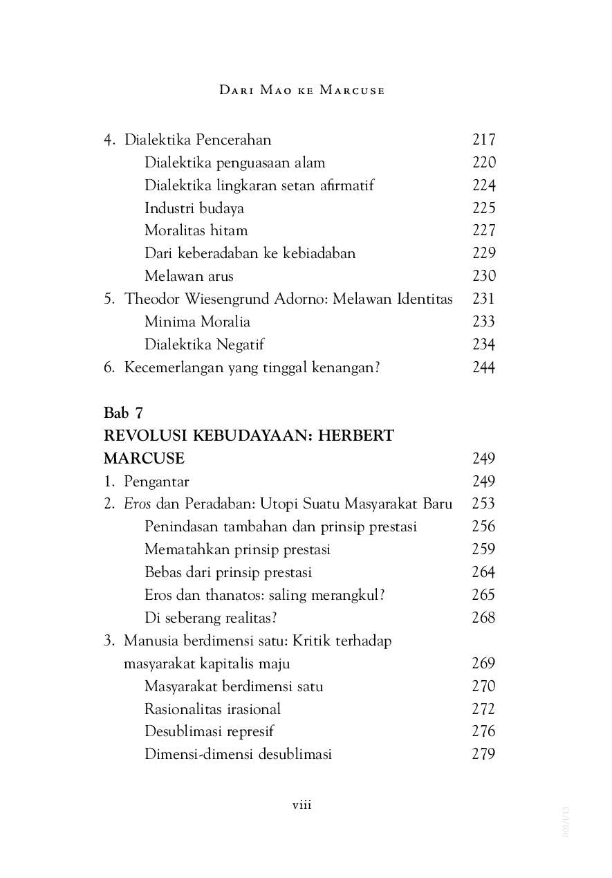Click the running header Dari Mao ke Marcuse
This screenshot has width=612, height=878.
point(302,91)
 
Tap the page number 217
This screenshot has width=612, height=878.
point(483,140)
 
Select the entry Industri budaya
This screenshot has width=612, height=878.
point(194,208)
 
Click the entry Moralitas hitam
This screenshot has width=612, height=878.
point(196,230)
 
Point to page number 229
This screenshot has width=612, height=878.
point(483,253)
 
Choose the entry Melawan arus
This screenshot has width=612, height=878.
point(189,276)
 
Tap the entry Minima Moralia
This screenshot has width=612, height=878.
point(197,322)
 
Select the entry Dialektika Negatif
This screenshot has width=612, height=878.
point(204,345)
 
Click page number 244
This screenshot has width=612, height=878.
point(483,367)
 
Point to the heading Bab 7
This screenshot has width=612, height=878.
point(123,413)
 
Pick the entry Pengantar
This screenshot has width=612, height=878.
point(156,482)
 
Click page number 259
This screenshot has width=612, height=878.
point(483,549)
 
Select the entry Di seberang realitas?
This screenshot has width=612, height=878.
point(215,618)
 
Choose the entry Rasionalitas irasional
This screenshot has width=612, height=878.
point(212,709)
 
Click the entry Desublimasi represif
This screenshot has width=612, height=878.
point(209,731)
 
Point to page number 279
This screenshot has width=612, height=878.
point(483,754)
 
